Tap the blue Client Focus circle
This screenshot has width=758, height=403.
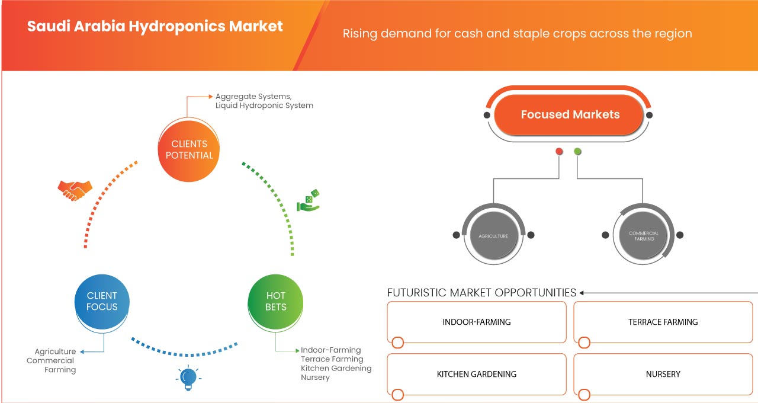102,301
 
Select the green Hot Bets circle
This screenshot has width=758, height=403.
276,301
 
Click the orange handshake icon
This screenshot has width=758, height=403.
75,190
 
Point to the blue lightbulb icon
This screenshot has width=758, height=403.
188,378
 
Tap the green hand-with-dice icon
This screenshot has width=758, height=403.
308,201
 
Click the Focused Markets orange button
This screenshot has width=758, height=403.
570,114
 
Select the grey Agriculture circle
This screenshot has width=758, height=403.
493,235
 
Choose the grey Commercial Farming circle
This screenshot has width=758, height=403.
644,235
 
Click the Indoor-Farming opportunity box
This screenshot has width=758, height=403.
477,322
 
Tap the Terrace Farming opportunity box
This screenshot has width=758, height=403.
663,322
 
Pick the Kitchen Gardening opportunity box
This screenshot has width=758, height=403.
477,374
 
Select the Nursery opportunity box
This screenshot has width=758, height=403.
663,374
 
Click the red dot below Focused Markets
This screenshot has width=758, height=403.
559,152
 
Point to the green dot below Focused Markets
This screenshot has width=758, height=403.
578,152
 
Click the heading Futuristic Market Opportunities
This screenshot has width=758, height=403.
481,293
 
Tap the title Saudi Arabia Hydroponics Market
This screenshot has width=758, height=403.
155,27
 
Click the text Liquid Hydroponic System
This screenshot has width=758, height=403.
264,105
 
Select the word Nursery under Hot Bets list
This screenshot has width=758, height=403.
315,378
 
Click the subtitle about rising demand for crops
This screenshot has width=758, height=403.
517,33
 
